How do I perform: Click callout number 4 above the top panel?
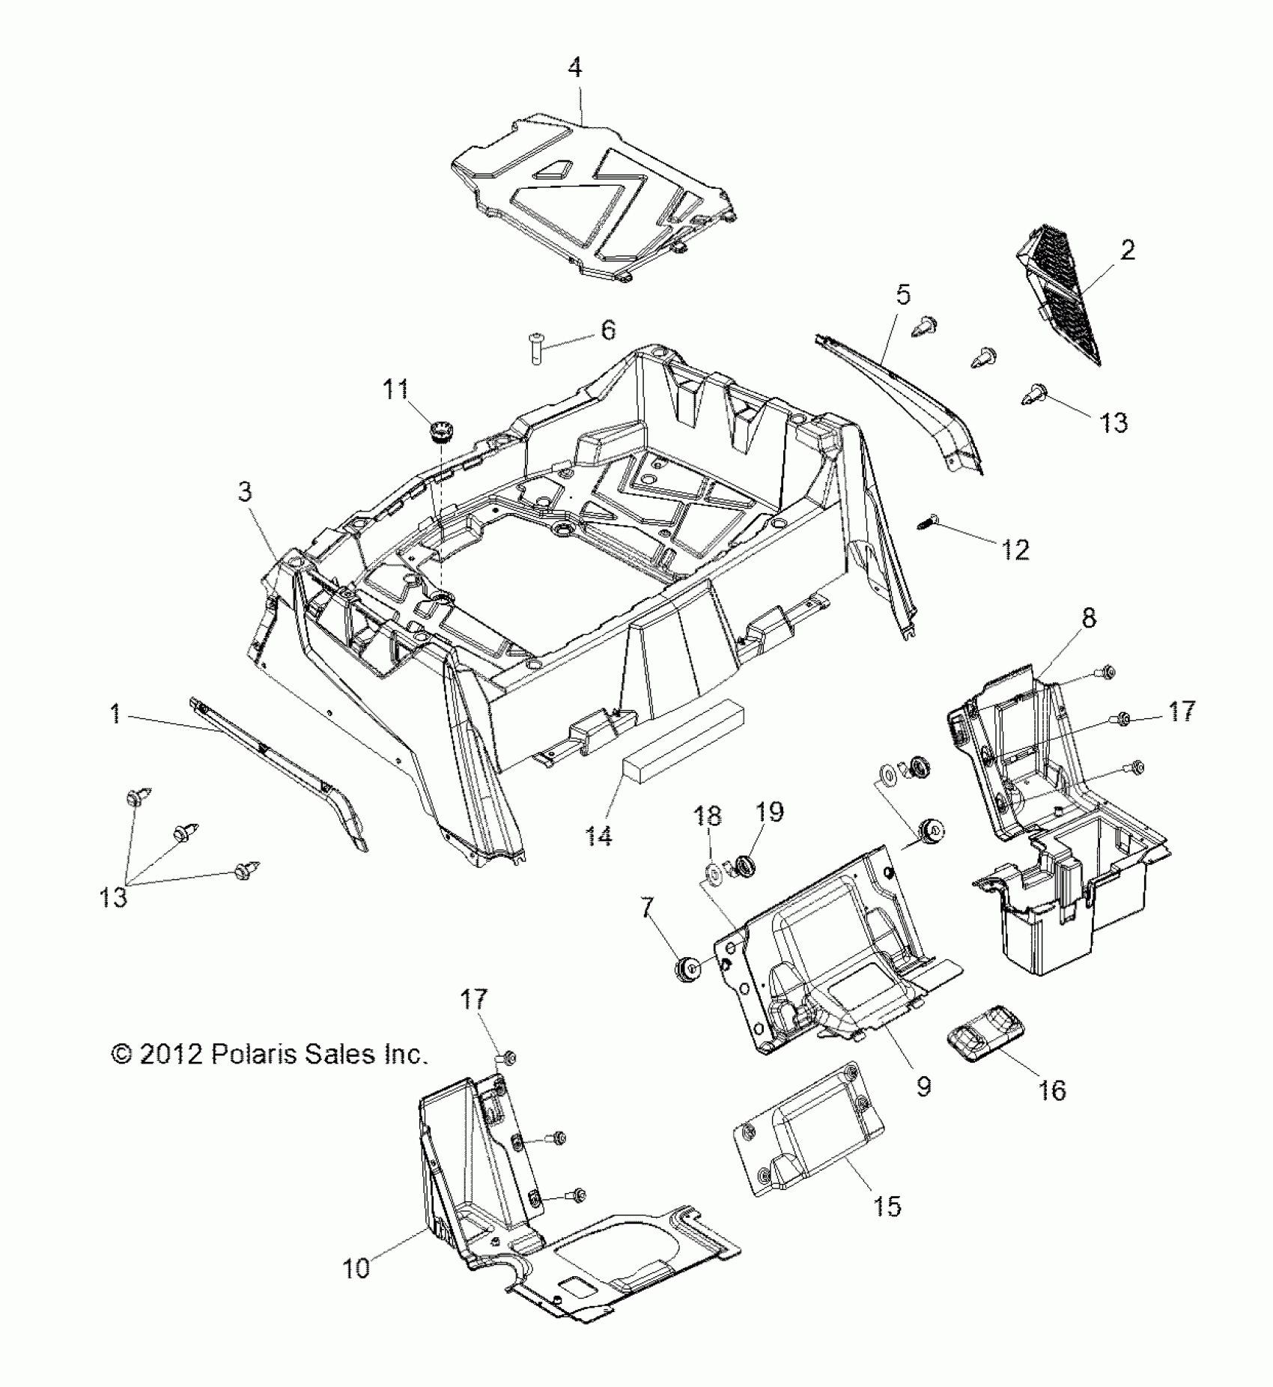coord(574,68)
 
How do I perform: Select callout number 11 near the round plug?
coord(395,389)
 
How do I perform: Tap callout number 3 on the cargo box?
coord(245,492)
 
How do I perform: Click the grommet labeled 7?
coord(687,969)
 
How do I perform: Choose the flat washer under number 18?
coord(711,871)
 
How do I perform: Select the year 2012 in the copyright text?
coord(170,1054)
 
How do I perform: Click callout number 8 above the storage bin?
coord(1088,619)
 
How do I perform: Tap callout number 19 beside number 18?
coord(769,812)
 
